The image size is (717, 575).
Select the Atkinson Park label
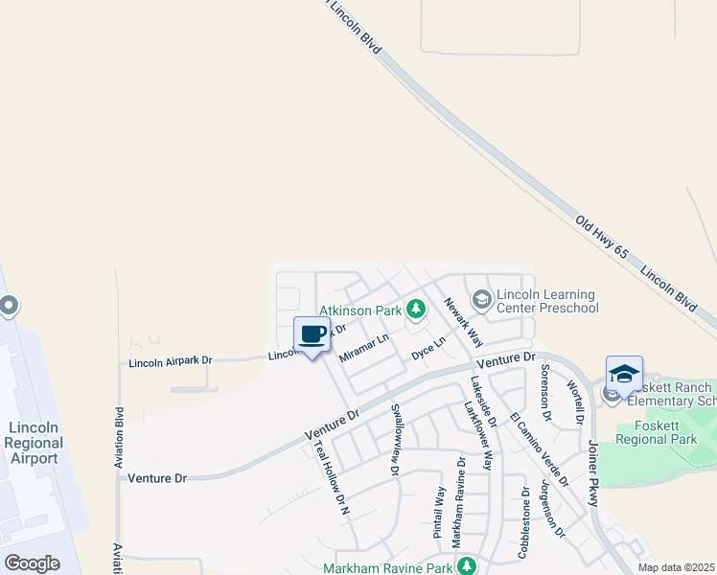click(x=359, y=310)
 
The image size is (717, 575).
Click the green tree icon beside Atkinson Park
click(x=415, y=309)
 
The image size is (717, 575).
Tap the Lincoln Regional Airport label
click(x=35, y=443)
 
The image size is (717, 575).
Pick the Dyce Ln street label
click(x=428, y=347)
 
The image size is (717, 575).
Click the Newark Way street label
click(x=463, y=321)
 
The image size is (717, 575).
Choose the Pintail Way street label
click(x=440, y=512)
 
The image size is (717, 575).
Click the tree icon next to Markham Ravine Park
click(x=467, y=565)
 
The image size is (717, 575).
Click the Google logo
click(x=32, y=563)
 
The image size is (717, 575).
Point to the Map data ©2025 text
click(x=676, y=567)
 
